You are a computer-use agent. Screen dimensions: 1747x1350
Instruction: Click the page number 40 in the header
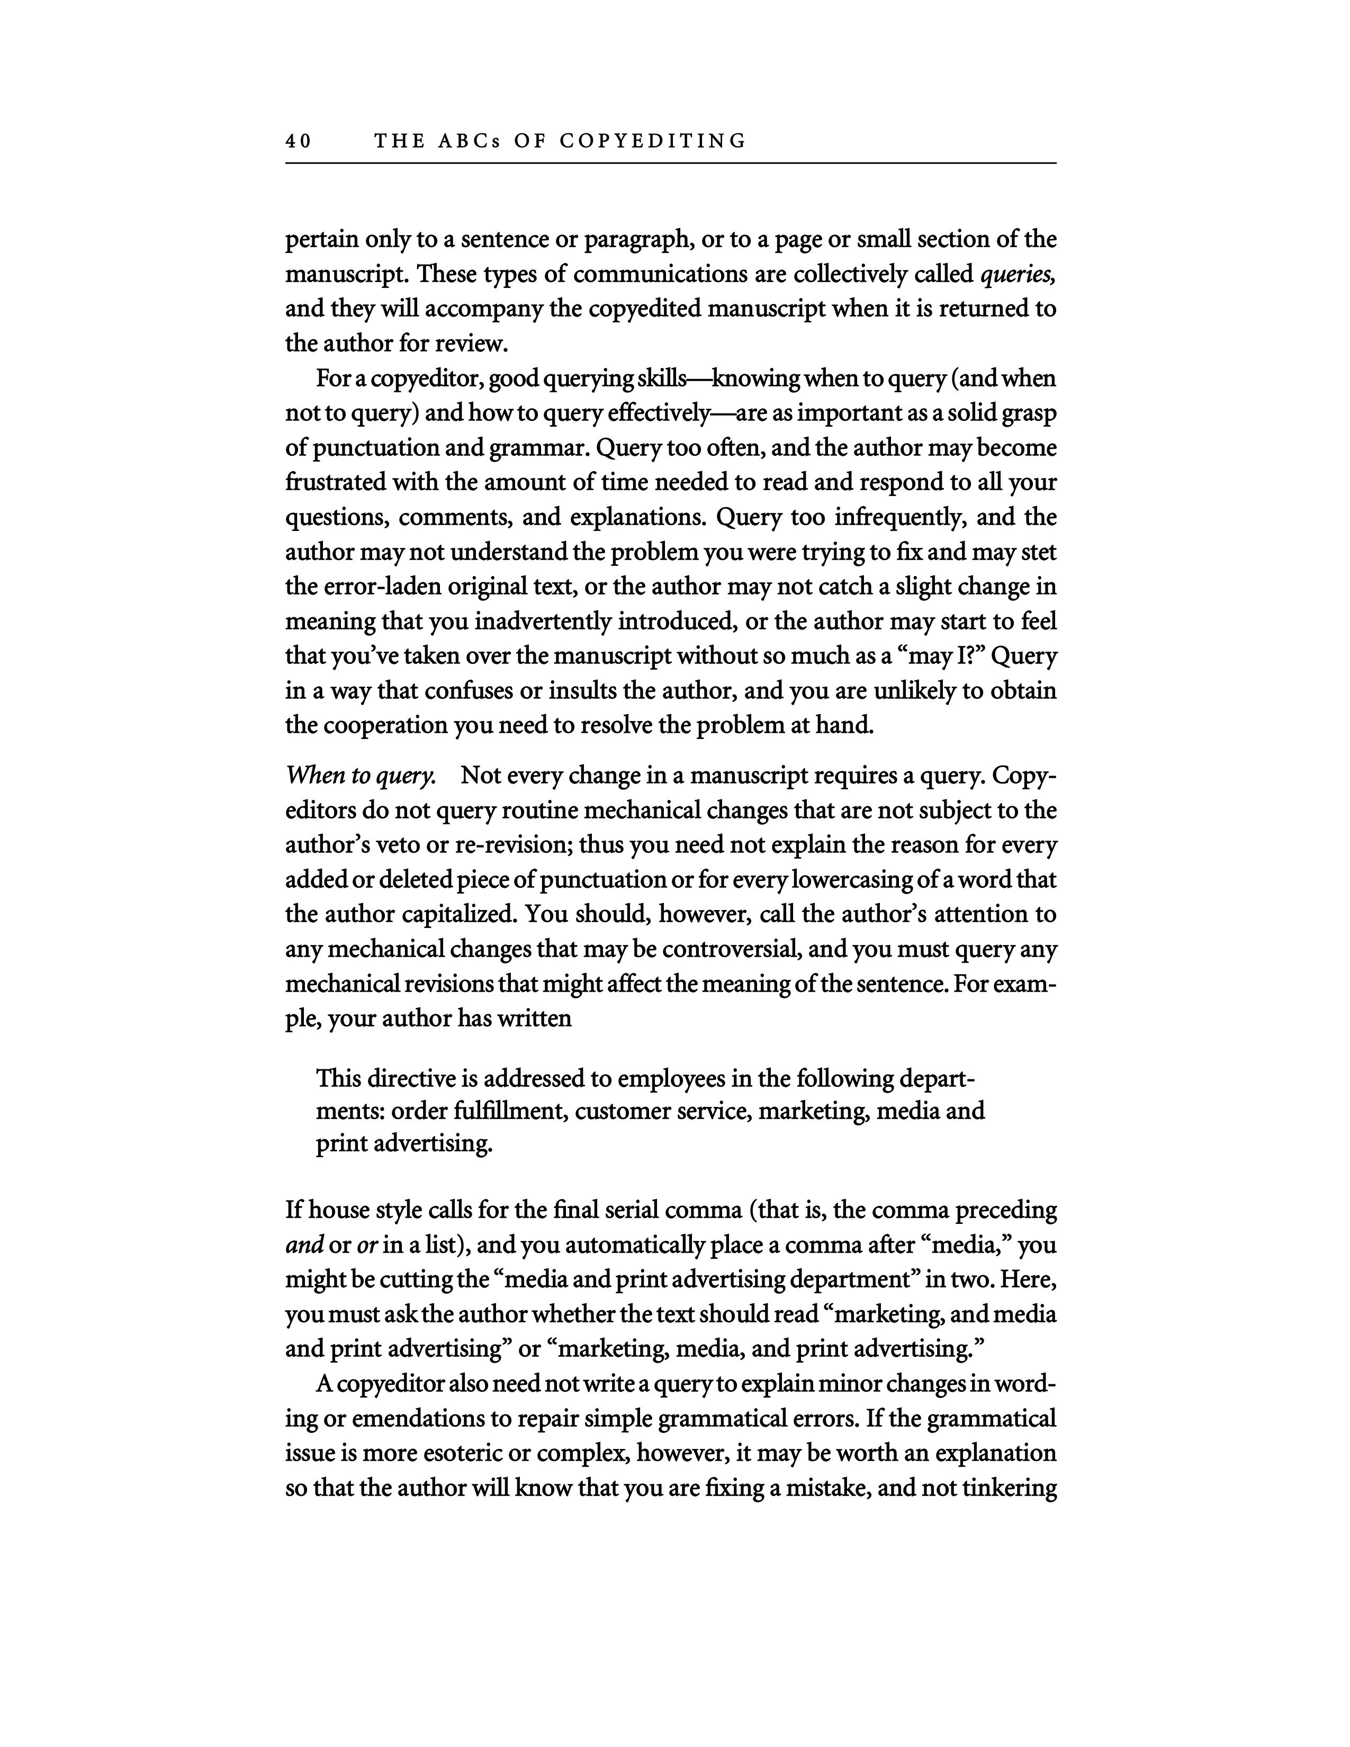(298, 141)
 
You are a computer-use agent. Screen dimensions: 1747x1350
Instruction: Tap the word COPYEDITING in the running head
(653, 141)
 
